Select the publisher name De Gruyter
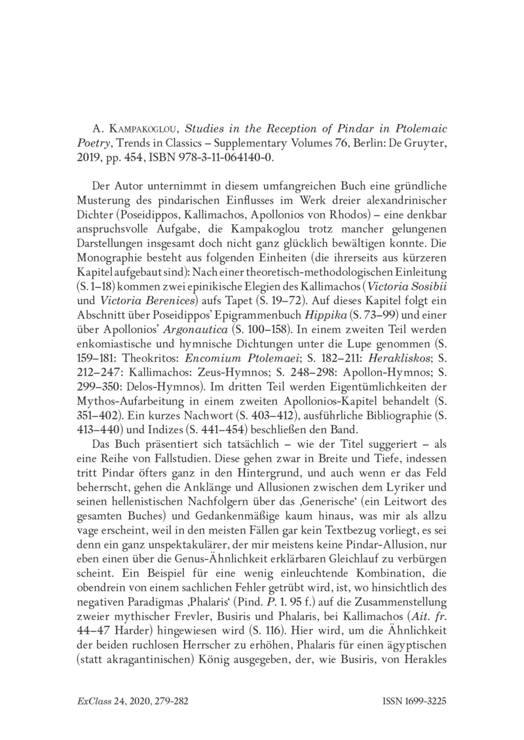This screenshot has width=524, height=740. [x=419, y=143]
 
